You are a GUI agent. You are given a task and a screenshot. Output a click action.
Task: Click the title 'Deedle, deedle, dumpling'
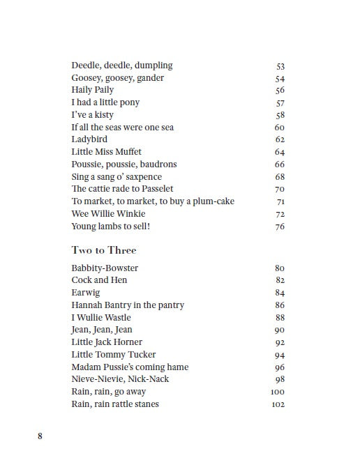click(x=121, y=66)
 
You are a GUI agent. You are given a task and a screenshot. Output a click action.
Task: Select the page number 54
click(x=280, y=78)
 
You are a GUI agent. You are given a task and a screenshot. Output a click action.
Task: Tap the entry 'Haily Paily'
click(x=92, y=90)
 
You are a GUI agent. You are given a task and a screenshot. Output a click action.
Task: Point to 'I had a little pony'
click(x=105, y=102)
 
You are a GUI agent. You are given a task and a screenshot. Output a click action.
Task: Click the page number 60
click(x=280, y=128)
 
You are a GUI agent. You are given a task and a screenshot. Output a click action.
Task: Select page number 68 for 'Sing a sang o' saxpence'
click(x=280, y=177)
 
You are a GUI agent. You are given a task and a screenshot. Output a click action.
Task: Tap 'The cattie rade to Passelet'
click(x=122, y=189)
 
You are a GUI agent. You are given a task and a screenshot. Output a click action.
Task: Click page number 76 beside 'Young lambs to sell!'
click(x=280, y=227)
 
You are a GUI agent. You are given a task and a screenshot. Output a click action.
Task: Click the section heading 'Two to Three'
click(x=104, y=250)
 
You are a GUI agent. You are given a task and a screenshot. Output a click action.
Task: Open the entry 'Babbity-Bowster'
click(x=105, y=268)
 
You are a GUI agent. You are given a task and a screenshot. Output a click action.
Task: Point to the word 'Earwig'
click(x=85, y=293)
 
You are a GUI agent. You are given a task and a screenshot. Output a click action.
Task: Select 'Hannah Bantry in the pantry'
click(x=128, y=305)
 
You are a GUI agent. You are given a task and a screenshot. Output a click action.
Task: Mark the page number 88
click(x=280, y=318)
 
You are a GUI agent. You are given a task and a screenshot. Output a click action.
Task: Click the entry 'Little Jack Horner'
click(x=107, y=342)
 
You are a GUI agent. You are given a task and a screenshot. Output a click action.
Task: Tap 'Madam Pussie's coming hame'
click(x=130, y=367)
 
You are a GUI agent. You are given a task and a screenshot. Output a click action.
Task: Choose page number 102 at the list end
click(x=277, y=404)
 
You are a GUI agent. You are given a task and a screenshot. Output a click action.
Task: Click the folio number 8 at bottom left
click(x=40, y=437)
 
